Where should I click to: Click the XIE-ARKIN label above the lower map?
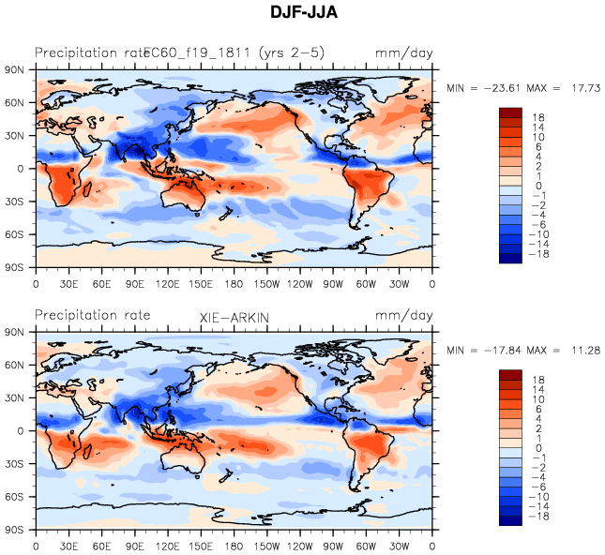(234, 319)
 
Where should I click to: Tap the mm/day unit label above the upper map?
(404, 52)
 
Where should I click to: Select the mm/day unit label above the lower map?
(404, 316)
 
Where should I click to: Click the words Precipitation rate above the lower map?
(92, 316)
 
